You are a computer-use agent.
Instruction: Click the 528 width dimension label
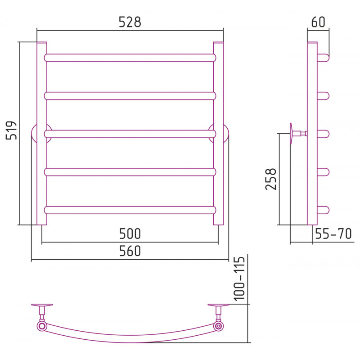pos(130,22)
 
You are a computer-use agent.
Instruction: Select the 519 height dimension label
pos(11,130)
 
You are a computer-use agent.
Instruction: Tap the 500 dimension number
pos(130,234)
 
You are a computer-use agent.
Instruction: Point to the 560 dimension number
pos(130,251)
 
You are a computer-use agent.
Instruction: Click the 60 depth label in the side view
pos(318,22)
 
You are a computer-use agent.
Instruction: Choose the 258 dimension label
pos(271,179)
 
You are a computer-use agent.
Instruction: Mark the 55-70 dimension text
pos(333,234)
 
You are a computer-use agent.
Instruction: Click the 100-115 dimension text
pos(239,279)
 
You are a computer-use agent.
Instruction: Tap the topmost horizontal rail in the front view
pos(130,58)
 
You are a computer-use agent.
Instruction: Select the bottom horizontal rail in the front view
pos(130,210)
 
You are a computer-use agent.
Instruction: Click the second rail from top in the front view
pos(130,96)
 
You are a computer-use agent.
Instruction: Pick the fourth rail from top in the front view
pos(130,172)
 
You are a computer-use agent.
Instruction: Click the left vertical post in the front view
pos(42,133)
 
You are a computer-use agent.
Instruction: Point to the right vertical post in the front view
pos(218,133)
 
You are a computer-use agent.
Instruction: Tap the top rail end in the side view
pos(323,58)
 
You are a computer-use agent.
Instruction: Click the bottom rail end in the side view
pos(323,210)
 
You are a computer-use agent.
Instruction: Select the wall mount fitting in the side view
pos(298,133)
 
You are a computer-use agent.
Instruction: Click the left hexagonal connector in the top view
pos(41,326)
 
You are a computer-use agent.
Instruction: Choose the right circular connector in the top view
pos(219,325)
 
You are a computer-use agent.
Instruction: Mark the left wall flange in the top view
pos(42,305)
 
